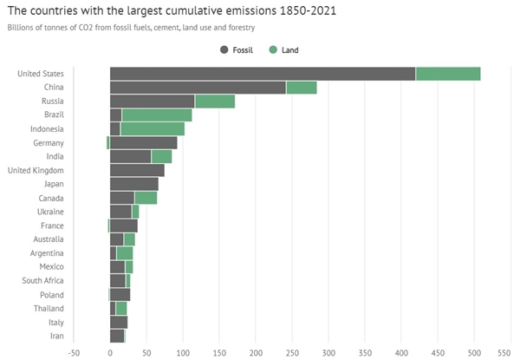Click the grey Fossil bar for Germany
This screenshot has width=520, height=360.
144,142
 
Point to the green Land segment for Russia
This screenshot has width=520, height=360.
215,101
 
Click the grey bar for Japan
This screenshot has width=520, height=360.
134,184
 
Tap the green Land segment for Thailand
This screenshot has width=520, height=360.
121,308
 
